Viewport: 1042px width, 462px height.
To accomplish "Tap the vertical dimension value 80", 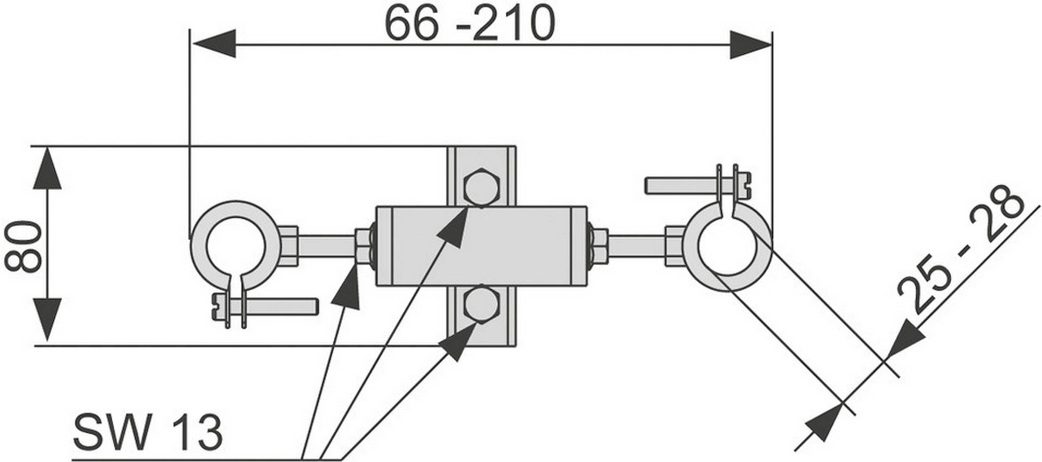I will [x=23, y=246].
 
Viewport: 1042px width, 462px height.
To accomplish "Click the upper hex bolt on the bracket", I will [x=481, y=188].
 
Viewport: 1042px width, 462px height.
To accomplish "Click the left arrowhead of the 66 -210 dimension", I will [x=214, y=44].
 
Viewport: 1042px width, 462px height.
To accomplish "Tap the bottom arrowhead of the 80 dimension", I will [x=47, y=320].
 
